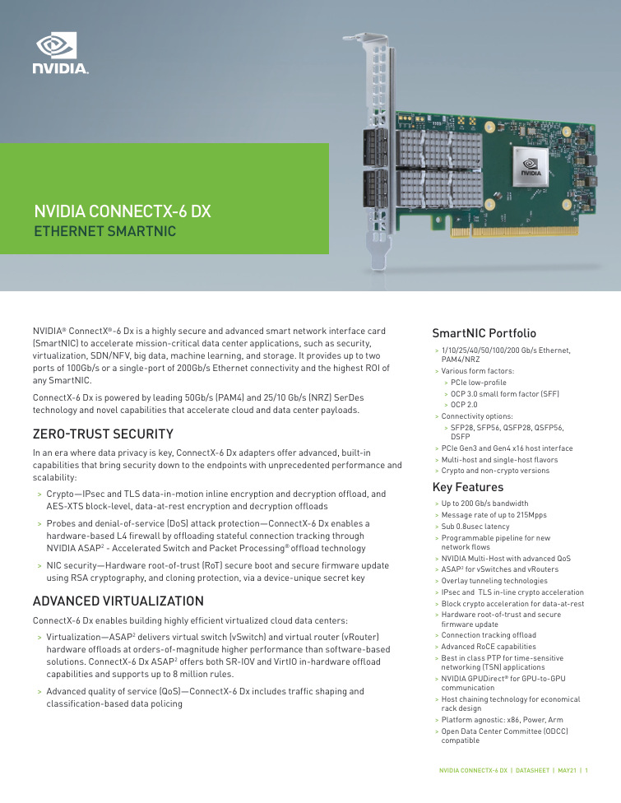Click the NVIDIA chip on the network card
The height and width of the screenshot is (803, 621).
point(528,172)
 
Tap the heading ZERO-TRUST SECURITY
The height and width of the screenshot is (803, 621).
point(103,433)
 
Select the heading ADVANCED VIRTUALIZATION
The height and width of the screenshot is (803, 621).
point(118,601)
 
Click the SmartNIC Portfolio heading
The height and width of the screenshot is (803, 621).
point(484,333)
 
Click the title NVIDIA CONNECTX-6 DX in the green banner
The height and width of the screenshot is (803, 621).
point(122,211)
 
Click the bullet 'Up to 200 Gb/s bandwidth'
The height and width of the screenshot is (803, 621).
point(484,503)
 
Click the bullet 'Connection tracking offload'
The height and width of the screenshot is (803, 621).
point(489,635)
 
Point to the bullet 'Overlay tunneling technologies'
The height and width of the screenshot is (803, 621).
point(494,581)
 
